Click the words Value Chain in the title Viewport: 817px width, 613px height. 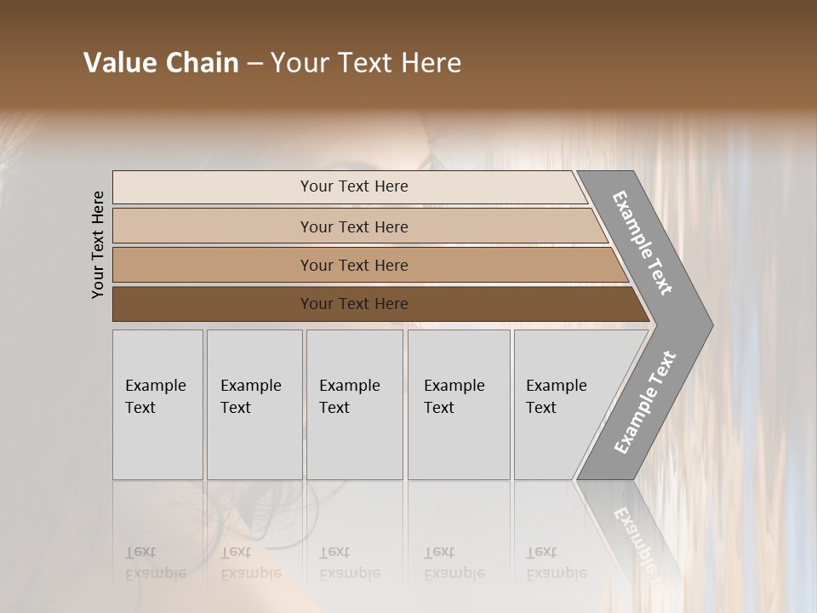(161, 63)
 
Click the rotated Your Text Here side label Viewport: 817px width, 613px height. (98, 244)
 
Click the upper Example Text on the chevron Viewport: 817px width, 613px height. (643, 243)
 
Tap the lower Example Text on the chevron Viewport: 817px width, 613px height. (644, 402)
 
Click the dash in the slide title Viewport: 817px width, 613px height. (254, 63)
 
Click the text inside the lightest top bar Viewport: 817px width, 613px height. (354, 186)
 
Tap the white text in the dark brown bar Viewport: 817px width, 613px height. (354, 304)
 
